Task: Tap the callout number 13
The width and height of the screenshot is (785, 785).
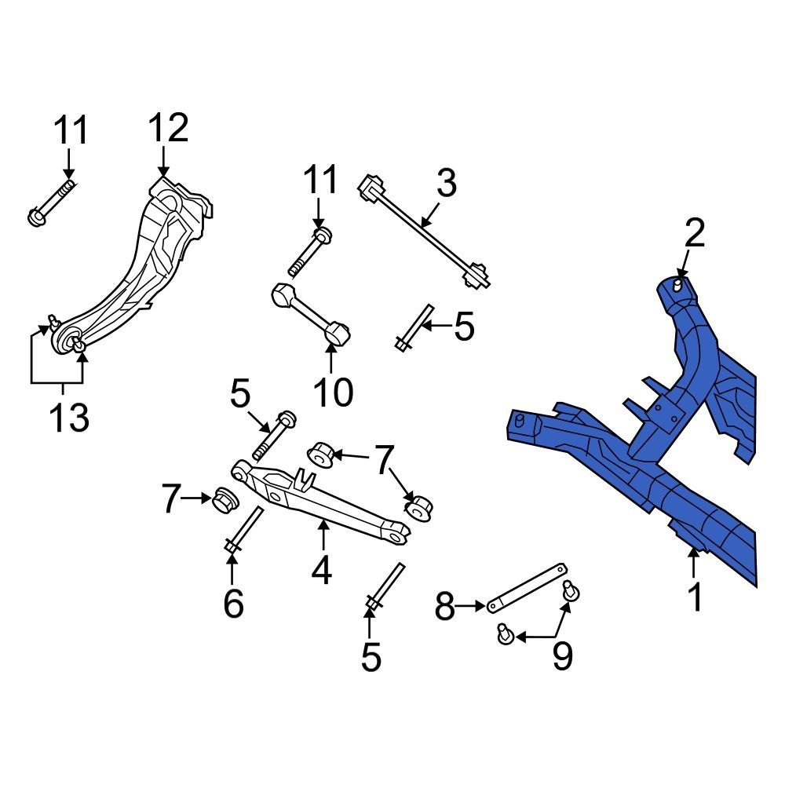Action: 68,418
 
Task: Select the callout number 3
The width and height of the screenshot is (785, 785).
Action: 446,185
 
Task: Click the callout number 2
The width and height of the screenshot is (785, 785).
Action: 695,233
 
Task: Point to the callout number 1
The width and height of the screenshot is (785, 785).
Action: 696,598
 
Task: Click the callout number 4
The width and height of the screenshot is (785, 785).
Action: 322,571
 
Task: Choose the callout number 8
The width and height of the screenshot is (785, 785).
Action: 445,607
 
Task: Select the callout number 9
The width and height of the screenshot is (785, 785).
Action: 562,656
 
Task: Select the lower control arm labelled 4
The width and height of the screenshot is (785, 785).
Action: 322,502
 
